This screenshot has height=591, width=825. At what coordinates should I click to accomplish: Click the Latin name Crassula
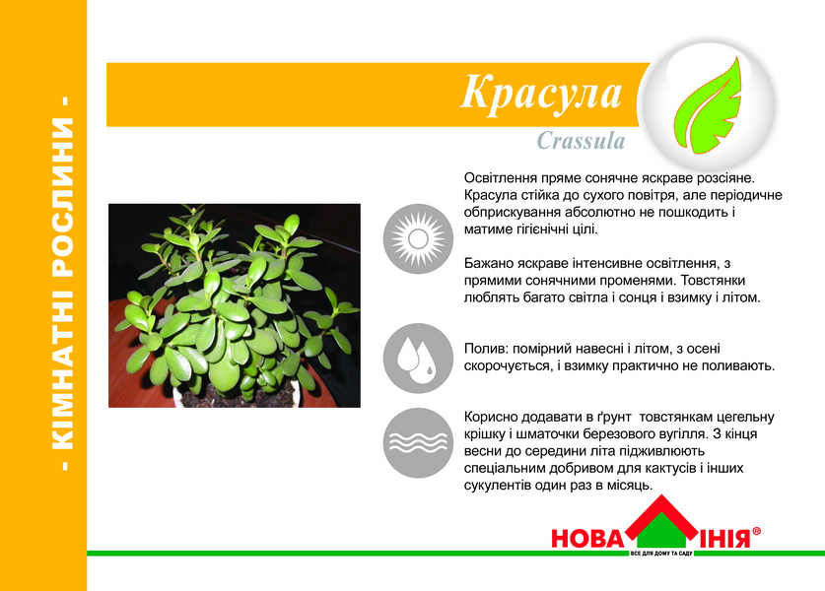[x=581, y=141]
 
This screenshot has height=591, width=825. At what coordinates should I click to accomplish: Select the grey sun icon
[x=418, y=238]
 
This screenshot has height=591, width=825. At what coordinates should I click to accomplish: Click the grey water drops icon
[x=418, y=359]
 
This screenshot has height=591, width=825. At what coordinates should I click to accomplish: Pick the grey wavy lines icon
[x=418, y=442]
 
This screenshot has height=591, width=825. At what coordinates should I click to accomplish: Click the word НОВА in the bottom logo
[x=586, y=539]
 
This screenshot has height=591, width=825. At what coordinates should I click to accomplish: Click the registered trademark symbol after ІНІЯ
[x=757, y=531]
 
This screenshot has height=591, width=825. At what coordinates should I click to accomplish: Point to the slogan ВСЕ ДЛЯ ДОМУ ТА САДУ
[x=661, y=554]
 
